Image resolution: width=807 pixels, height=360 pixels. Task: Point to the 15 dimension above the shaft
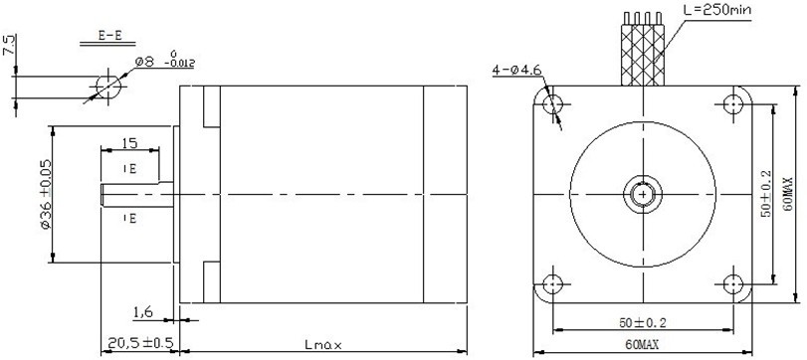(x=129, y=142)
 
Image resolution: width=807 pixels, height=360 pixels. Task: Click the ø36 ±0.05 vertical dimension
(x=46, y=193)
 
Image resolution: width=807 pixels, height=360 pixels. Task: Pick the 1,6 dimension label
(x=143, y=311)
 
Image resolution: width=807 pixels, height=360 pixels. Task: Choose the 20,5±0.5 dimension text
(x=140, y=342)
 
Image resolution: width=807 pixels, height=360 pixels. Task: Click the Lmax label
(x=322, y=344)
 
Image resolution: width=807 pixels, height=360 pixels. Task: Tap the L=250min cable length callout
(x=717, y=9)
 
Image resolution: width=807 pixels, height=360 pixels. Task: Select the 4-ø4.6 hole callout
(x=517, y=70)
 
